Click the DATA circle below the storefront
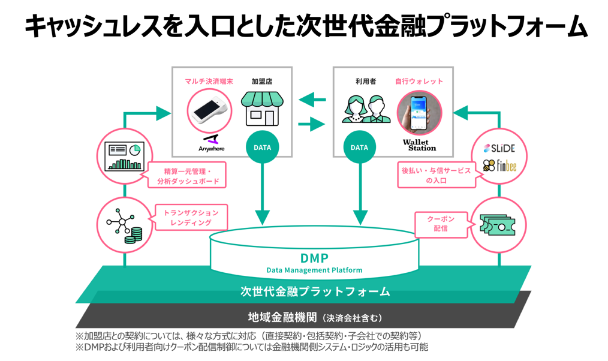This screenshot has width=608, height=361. pos(262,148)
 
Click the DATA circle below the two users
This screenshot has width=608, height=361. pos(359,148)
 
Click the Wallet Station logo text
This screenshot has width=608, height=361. pos(419,145)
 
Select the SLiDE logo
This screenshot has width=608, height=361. pos(499,148)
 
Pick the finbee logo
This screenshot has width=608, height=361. pos(499,166)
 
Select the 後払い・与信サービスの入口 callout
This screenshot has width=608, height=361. pos(436,175)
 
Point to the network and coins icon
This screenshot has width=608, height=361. pos(124,224)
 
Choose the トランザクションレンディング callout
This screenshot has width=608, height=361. pos(190,218)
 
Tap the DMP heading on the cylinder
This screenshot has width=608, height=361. pos(314,258)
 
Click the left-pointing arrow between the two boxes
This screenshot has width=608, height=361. pos(313,100)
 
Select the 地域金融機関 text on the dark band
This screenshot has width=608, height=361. pos(282,316)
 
